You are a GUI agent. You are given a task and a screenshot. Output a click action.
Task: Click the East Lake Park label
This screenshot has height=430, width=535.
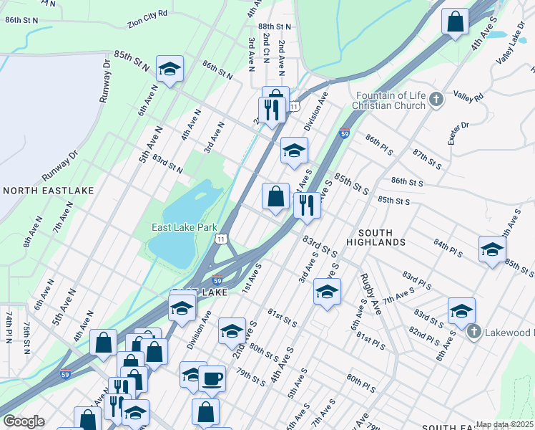(184, 227)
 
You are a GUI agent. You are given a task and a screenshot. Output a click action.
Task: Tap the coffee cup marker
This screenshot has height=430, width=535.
(211, 377)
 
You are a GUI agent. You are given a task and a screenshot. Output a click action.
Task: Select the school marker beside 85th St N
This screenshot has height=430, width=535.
(170, 69)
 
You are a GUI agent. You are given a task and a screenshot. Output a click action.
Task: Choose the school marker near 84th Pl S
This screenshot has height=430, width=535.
(491, 249)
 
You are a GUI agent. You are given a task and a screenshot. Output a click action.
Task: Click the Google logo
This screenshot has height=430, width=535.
(24, 421)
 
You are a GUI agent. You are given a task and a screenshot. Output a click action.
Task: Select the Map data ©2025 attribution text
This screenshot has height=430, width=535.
(504, 424)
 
